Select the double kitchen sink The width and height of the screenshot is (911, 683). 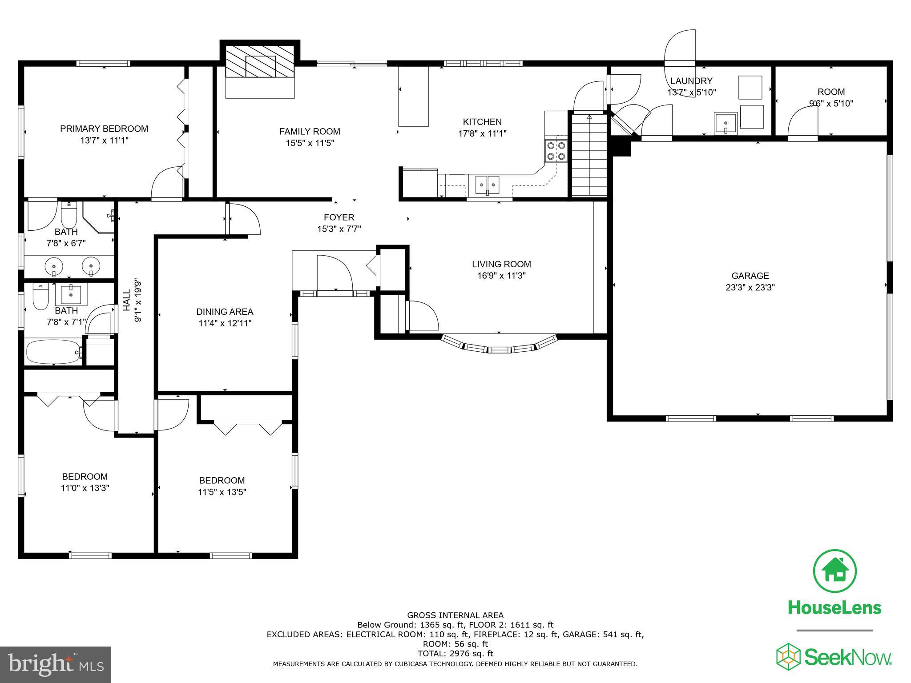488,184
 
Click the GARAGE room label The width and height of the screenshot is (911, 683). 750,276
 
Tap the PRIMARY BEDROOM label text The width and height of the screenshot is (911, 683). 104,129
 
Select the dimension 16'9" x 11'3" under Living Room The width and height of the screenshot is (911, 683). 501,276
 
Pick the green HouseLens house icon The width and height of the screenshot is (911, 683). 834,571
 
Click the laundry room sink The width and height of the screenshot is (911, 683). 726,122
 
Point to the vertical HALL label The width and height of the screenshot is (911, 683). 127,300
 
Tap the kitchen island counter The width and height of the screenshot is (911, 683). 413,96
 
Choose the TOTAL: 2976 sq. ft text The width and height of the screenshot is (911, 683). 455,654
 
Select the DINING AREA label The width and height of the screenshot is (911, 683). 225,312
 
